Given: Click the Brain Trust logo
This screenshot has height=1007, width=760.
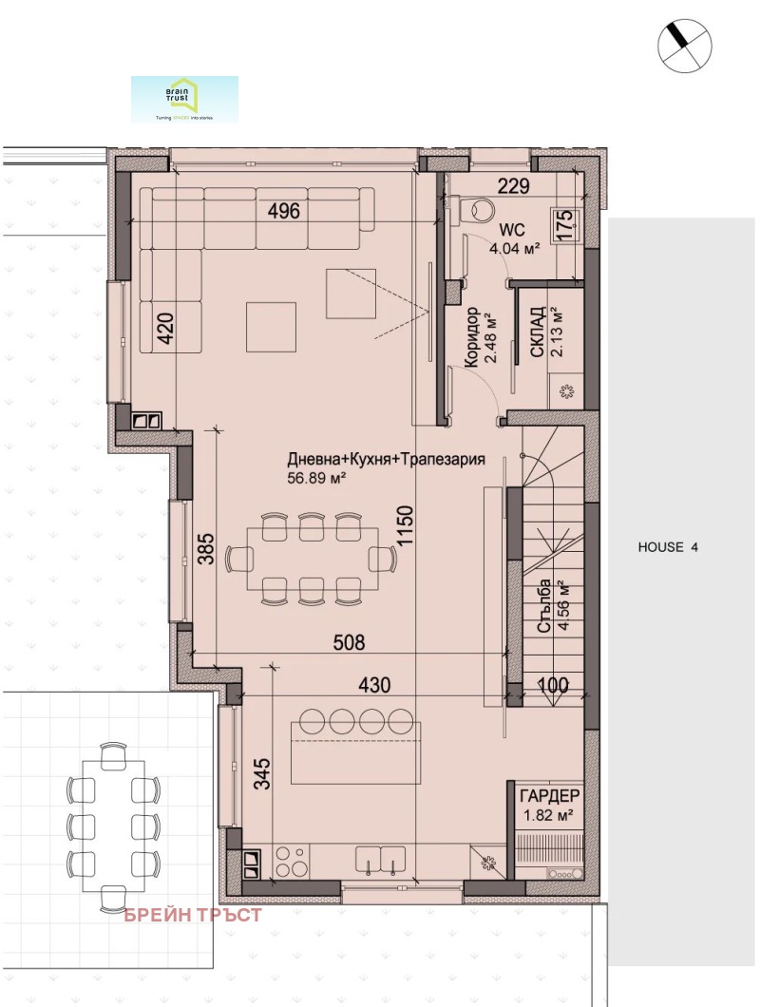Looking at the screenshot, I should click(184, 100).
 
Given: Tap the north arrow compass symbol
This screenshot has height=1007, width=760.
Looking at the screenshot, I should click(684, 46).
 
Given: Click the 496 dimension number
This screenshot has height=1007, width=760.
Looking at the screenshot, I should click(282, 212).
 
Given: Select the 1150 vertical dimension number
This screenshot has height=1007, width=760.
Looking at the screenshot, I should click(407, 523).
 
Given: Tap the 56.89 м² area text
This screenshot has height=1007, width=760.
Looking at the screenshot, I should click(316, 479).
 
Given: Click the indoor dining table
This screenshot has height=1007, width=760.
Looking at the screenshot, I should click(309, 559).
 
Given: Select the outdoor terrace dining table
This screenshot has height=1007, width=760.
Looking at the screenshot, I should click(113, 817).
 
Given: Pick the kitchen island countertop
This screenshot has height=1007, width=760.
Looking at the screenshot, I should click(355, 751).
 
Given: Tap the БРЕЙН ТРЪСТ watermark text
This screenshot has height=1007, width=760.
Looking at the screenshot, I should click(193, 916).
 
